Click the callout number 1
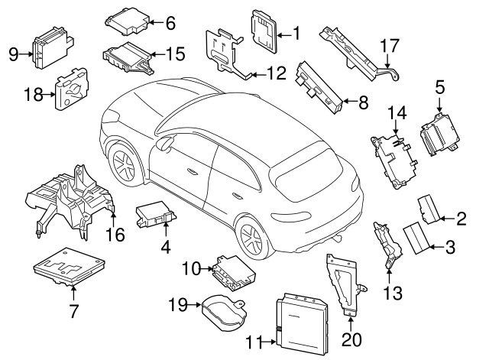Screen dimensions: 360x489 click(296, 33)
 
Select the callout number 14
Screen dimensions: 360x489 click(395, 112)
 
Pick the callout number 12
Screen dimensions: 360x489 click(276, 74)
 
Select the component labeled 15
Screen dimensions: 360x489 click(126, 57)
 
